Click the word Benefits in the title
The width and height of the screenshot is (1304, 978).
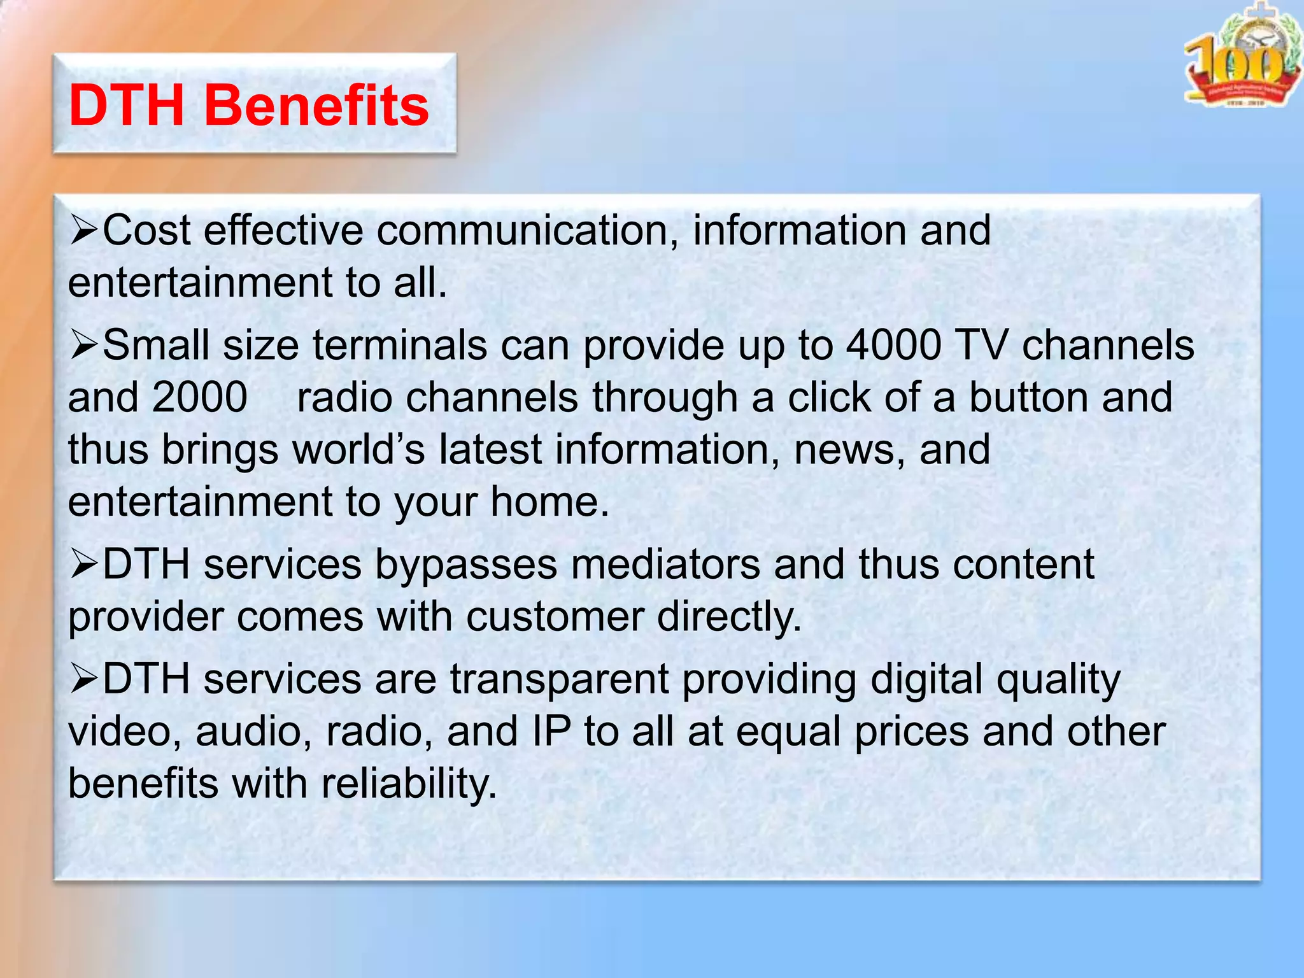(316, 106)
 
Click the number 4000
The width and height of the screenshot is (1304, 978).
(893, 346)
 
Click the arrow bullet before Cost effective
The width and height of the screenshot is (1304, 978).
(83, 230)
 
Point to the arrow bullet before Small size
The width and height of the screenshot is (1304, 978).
(83, 346)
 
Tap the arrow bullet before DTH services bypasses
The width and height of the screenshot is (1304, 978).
(83, 565)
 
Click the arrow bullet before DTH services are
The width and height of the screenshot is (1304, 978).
(83, 679)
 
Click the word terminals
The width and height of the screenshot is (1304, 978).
(399, 346)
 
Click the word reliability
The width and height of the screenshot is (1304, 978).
(408, 784)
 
